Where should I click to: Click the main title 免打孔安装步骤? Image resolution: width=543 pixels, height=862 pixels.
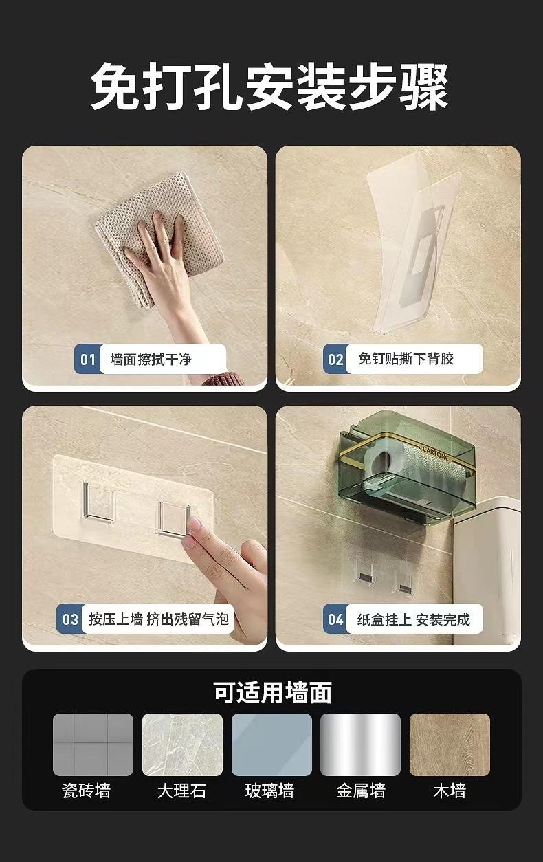pos(269,86)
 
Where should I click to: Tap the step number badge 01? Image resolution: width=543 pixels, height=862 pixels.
pos(88,360)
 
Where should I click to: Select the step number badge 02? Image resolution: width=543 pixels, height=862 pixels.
pos(335,360)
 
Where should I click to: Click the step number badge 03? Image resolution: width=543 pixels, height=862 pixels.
pos(70,619)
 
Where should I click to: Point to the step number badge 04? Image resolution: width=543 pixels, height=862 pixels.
pos(335,619)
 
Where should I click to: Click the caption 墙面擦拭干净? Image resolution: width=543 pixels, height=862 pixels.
pos(151,360)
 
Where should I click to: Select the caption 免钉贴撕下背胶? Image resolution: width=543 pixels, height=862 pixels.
pos(406,359)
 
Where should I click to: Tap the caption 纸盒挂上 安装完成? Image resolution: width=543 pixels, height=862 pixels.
pos(414,619)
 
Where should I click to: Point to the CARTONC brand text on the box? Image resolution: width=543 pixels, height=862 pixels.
pos(436,452)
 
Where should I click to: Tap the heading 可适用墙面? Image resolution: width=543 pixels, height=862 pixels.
pos(272,692)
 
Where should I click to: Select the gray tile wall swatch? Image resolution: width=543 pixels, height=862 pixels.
pos(93,744)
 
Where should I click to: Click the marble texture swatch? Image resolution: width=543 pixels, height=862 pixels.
pos(182,744)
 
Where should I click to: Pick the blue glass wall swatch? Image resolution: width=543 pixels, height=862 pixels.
pos(271,744)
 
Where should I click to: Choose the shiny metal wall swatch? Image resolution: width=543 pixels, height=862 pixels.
pos(361,744)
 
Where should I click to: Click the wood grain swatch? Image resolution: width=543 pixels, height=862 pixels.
pos(450,744)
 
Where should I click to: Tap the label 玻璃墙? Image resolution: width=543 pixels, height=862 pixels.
pos(269,791)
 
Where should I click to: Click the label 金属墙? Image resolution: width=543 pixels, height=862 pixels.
pos(361,791)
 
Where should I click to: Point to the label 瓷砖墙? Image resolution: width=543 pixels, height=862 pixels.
pos(87,791)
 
